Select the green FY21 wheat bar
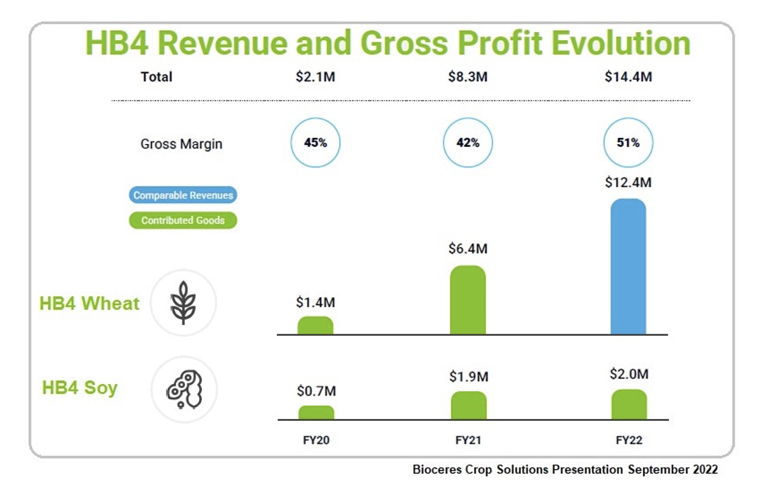pyautogui.click(x=468, y=300)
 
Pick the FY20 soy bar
pyautogui.click(x=316, y=412)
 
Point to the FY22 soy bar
pyautogui.click(x=629, y=404)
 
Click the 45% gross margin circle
pyautogui.click(x=315, y=143)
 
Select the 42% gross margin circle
pyautogui.click(x=468, y=143)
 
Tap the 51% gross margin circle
pyautogui.click(x=628, y=143)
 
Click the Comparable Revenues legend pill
pyautogui.click(x=183, y=196)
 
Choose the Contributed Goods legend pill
pyautogui.click(x=183, y=220)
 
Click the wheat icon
pyautogui.click(x=183, y=302)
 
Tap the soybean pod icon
pyautogui.click(x=183, y=389)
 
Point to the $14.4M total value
pyautogui.click(x=628, y=77)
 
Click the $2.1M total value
pyautogui.click(x=315, y=77)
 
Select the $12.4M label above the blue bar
pyautogui.click(x=628, y=182)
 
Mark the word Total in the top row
pyautogui.click(x=156, y=77)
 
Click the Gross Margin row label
pyautogui.click(x=181, y=144)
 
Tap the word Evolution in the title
pyautogui.click(x=621, y=44)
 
